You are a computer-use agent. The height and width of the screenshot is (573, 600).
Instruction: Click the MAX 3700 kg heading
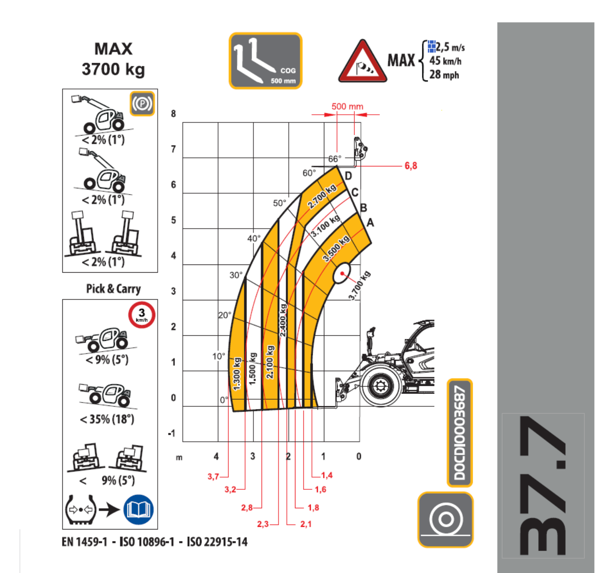pyautogui.click(x=113, y=59)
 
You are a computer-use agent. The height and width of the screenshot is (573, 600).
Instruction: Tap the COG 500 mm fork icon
pyautogui.click(x=265, y=61)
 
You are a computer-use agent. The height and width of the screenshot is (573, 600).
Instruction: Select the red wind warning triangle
pyautogui.click(x=362, y=61)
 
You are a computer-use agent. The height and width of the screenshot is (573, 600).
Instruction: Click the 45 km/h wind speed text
pyautogui.click(x=445, y=61)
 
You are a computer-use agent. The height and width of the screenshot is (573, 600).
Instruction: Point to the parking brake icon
pyautogui.click(x=142, y=104)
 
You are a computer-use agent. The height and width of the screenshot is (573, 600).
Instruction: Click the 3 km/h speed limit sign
pyautogui.click(x=142, y=315)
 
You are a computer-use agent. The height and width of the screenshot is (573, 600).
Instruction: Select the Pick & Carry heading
pyautogui.click(x=113, y=289)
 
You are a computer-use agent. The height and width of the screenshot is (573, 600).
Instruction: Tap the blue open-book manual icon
pyautogui.click(x=138, y=509)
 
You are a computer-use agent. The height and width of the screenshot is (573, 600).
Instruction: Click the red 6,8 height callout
pyautogui.click(x=411, y=166)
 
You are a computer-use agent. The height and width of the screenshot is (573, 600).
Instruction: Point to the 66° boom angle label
pyautogui.click(x=335, y=159)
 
